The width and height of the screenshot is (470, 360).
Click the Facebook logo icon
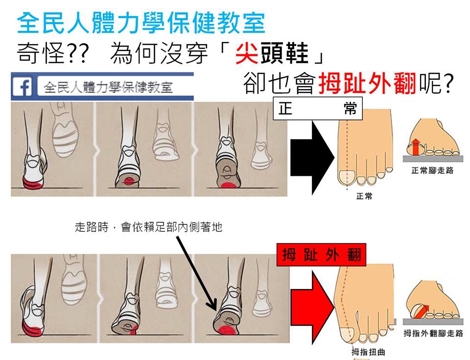coord(22,86)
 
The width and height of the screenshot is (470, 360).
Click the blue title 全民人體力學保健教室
coord(141,23)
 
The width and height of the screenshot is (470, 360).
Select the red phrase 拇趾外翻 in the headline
coord(367,83)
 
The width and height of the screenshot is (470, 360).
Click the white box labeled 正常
coord(318,108)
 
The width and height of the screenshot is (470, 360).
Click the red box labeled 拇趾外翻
coord(321,255)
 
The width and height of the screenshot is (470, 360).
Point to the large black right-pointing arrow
coord(312,158)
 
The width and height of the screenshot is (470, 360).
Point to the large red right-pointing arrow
coord(312,307)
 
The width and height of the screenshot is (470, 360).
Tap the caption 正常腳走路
coord(432,171)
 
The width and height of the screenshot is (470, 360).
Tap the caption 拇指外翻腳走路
coord(433,333)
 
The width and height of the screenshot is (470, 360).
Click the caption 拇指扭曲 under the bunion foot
coord(368,352)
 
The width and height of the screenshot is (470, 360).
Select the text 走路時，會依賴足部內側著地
coord(149,227)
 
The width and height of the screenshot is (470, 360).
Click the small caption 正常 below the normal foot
coord(364,196)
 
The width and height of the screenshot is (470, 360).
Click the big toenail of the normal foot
coord(347,177)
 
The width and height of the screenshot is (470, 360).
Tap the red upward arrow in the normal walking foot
coord(415,147)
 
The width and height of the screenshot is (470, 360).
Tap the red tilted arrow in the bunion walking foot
coord(423,311)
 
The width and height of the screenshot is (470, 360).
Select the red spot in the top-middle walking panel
coord(129,180)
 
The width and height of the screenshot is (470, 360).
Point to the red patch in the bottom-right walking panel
coord(227,331)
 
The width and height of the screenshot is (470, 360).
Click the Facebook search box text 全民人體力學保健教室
coord(108,87)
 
